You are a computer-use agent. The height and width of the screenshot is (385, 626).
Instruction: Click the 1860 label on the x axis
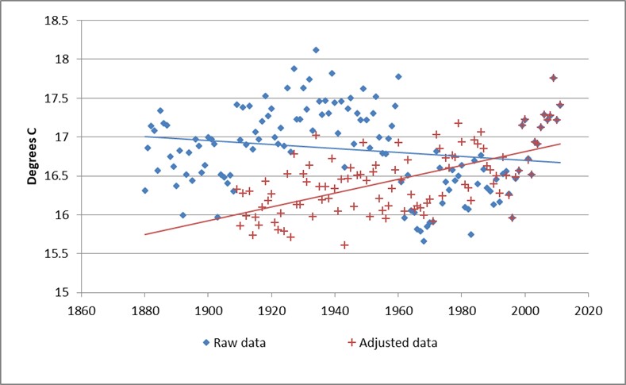[x=80, y=310]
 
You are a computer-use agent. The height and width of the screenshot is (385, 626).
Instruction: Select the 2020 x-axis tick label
[x=588, y=310]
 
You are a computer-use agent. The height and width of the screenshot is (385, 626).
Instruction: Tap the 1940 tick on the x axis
[x=334, y=310]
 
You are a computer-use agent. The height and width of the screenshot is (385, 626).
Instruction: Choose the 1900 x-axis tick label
[x=207, y=310]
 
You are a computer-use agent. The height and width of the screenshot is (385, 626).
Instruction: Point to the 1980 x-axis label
[x=461, y=310]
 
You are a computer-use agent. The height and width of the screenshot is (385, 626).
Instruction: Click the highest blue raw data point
[x=316, y=50]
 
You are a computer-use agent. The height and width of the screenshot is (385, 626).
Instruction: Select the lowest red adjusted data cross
[x=344, y=245]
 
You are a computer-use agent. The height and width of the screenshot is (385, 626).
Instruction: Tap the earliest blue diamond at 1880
[x=144, y=191]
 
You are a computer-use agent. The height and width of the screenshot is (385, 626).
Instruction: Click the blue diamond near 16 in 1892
[x=182, y=215]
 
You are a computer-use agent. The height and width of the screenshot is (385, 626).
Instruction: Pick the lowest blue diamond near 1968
[x=424, y=241]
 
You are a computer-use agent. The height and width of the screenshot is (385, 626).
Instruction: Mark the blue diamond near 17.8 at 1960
[x=398, y=77]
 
